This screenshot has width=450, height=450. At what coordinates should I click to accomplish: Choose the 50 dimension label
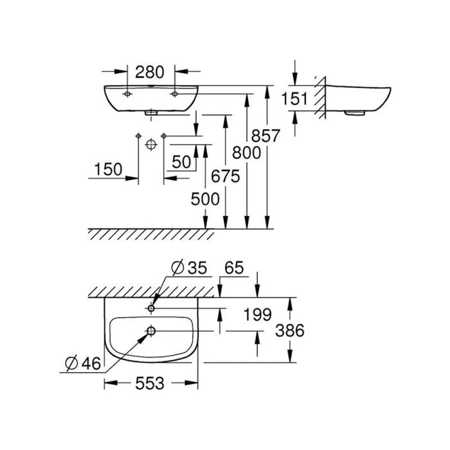181,162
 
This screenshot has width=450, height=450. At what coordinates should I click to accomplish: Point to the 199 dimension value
259,315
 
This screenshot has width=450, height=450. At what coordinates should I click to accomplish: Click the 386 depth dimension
291,330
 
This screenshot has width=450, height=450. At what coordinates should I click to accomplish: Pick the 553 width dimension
150,384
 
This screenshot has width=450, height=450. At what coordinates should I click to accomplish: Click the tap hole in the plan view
151,308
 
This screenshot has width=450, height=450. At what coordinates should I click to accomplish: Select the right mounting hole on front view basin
174,94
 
